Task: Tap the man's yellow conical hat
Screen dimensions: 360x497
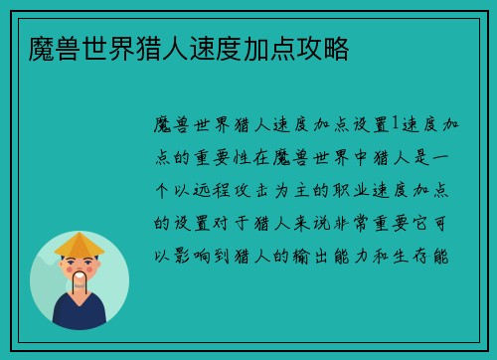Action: coord(80,244)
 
